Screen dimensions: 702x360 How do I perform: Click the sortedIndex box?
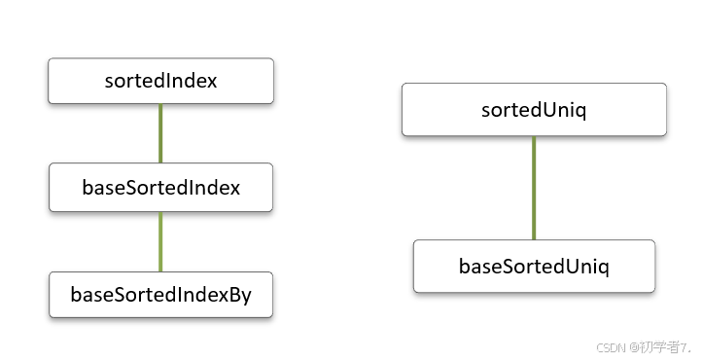coord(160,81)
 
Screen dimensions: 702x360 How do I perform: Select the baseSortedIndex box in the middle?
coord(160,187)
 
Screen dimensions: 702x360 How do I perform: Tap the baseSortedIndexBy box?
coord(160,295)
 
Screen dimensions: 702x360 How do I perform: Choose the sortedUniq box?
coord(534,109)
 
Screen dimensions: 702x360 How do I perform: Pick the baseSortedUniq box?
coord(534,266)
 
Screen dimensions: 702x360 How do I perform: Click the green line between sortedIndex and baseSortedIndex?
coord(160,133)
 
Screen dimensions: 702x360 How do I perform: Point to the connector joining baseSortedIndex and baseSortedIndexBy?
coord(160,241)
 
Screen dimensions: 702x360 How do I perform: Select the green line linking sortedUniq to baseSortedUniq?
coord(534,188)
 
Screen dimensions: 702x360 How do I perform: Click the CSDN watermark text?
coord(610,345)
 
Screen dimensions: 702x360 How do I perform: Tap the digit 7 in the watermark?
coord(684,345)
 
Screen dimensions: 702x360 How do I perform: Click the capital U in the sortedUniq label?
coord(547,109)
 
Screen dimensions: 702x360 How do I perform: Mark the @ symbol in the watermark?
coord(633,345)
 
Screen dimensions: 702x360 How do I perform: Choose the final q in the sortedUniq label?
coord(580,111)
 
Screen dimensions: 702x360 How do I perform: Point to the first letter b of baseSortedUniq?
coord(464,266)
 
